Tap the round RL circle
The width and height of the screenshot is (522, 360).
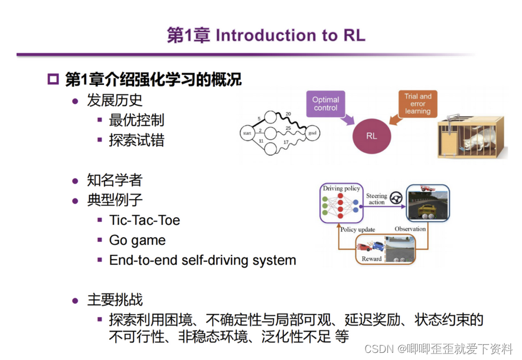[x=371, y=136]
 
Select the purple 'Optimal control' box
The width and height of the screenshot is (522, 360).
[x=325, y=104]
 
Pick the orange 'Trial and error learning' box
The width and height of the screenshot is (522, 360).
[x=417, y=103]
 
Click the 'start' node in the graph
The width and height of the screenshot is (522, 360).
[x=247, y=134]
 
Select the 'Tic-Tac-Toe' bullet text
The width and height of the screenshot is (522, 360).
[x=145, y=221]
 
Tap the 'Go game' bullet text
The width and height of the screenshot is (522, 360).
[x=137, y=240]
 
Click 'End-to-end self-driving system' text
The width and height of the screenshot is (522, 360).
[x=203, y=260]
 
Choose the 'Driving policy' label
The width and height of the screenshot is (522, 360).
[x=341, y=188]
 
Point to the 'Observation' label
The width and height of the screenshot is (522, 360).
[x=410, y=229]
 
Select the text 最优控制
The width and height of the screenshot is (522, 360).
[x=136, y=120]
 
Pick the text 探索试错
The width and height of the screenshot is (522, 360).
[x=136, y=140]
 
